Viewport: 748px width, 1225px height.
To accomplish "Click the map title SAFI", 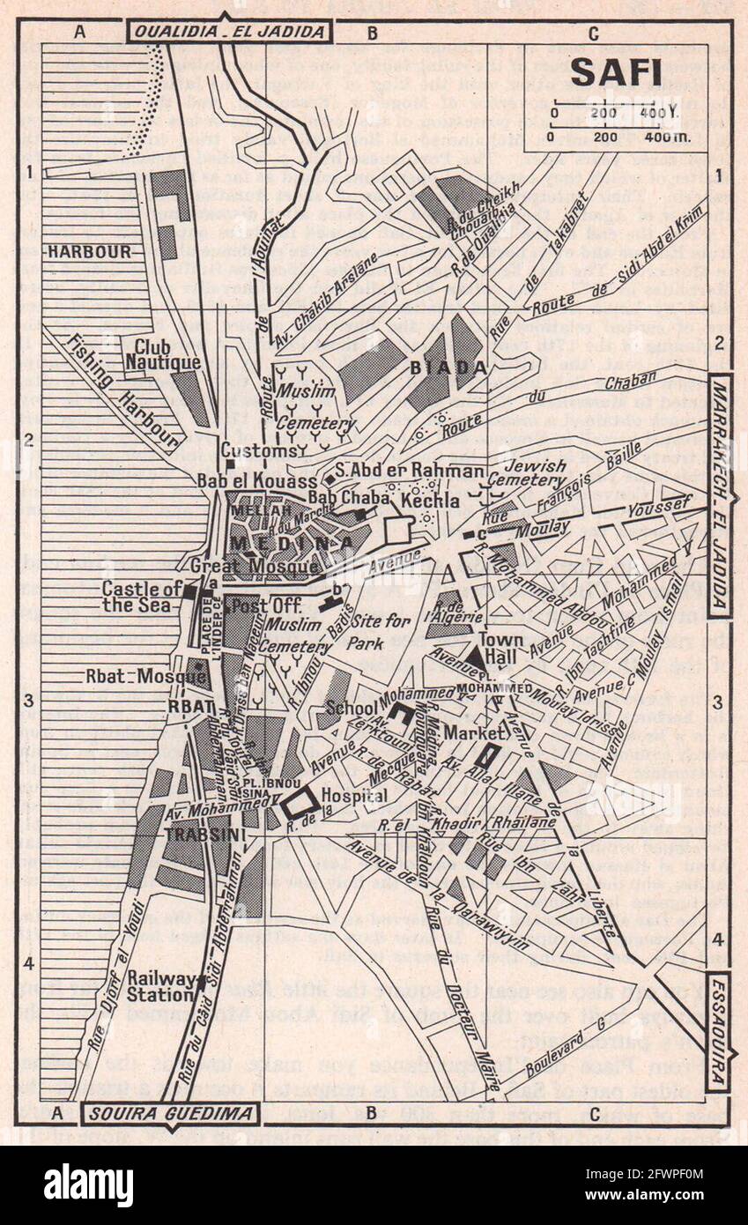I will click(616, 72).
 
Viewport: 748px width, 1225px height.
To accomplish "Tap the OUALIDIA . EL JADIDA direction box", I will click(230, 33).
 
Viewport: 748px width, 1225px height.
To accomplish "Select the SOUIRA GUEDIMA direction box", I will click(170, 1113).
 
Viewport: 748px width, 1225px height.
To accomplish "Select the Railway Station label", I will click(160, 986).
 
